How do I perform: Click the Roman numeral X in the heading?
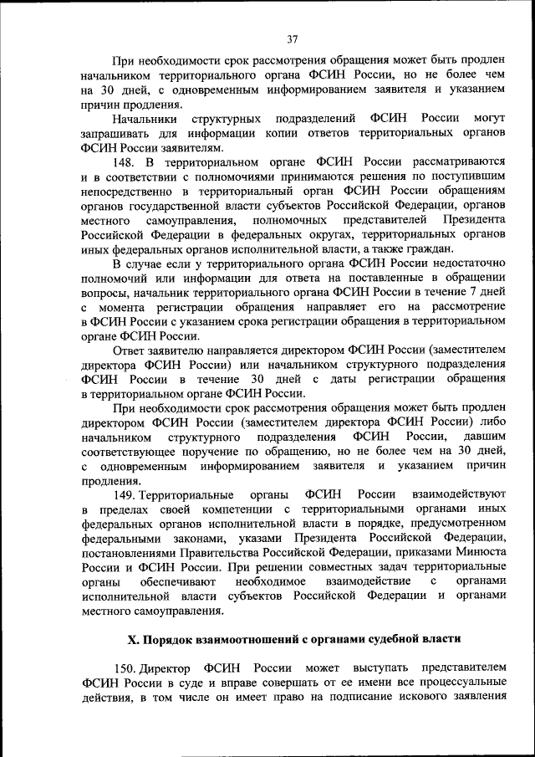pyautogui.click(x=131, y=639)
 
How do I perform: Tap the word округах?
pyautogui.click(x=322, y=235)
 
